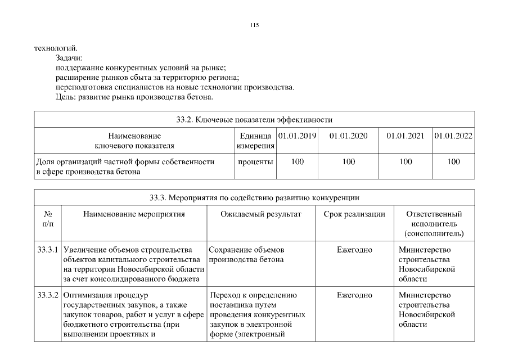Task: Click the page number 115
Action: point(254,25)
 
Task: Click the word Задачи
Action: point(69,58)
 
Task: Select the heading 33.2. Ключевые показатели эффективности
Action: point(254,119)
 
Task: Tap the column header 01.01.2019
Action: point(297,136)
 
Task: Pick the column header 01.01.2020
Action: point(348,136)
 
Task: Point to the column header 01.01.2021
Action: point(405,136)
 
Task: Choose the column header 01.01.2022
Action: point(453,136)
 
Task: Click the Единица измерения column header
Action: point(255,141)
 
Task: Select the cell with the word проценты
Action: point(255,162)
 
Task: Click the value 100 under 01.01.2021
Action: point(405,162)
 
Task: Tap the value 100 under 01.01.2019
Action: point(297,162)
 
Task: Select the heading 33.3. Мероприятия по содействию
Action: point(254,197)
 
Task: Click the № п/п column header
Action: point(48,219)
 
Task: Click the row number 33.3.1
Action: point(48,250)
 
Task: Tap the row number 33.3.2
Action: point(48,295)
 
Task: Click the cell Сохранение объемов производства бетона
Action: point(246,254)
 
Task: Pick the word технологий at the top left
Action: point(56,48)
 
